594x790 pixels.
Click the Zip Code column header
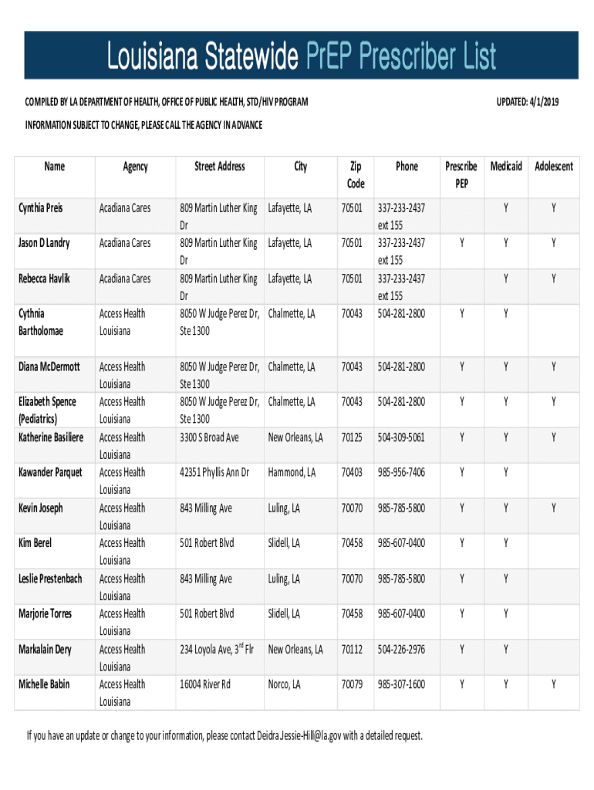tap(356, 175)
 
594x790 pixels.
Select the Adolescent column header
tap(552, 166)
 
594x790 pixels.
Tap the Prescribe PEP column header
tap(461, 175)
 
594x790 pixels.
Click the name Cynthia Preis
tap(41, 208)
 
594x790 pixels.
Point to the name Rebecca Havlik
tap(44, 279)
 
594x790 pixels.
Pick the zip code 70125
tap(352, 437)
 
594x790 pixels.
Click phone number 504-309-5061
tap(401, 437)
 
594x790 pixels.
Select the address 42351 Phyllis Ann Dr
tap(214, 472)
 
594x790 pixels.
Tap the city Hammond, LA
tap(292, 472)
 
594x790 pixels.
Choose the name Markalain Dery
tap(46, 650)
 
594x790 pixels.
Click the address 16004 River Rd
tap(205, 684)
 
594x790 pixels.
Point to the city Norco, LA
tap(285, 684)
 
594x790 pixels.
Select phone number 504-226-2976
tap(401, 650)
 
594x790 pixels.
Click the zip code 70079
tap(352, 684)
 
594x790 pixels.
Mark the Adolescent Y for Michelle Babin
tap(552, 684)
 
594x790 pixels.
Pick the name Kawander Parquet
tap(50, 472)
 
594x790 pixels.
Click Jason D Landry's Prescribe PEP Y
tap(462, 243)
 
